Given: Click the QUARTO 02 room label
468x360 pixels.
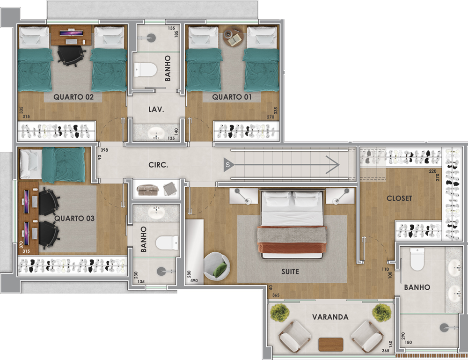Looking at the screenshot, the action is (x=73, y=97).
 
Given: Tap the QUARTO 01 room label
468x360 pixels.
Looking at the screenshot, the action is (x=232, y=97).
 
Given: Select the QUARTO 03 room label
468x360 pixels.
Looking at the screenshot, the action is (x=74, y=219).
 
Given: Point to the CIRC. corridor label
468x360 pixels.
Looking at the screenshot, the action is (x=158, y=165).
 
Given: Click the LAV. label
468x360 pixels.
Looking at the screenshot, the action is (x=156, y=110).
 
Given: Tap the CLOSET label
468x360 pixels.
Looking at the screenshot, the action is (x=399, y=198).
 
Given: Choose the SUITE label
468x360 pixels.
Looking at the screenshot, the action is (x=290, y=272).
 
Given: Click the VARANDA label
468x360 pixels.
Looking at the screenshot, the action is (x=330, y=317).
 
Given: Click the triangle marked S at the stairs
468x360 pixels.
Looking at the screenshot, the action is (x=228, y=165).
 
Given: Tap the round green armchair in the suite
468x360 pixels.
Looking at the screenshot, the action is (x=217, y=266).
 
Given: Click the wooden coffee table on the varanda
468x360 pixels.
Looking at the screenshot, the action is (x=331, y=345).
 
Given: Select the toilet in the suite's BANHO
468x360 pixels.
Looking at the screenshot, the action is (x=417, y=259).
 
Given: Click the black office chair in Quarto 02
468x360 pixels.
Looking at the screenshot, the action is (x=71, y=56).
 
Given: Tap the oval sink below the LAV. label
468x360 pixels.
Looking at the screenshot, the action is (x=156, y=132).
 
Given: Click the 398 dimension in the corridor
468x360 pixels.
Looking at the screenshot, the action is (x=104, y=150).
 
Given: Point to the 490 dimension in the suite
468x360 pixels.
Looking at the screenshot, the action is (x=194, y=280).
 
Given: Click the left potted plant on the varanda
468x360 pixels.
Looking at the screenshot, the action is (x=280, y=313).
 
